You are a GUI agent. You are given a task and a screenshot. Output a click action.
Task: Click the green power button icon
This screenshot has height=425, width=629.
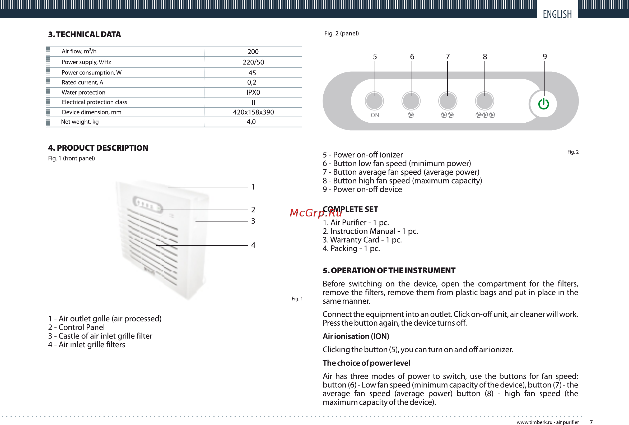point(543,104)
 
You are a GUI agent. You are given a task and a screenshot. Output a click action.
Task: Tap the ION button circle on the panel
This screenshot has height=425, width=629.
point(374,101)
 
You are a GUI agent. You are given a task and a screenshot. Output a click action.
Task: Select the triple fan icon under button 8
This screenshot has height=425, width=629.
point(485,115)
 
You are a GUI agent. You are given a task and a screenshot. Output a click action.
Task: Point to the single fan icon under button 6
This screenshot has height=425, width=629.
point(411,115)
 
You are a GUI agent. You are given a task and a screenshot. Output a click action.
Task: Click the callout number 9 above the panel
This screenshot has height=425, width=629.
point(544,57)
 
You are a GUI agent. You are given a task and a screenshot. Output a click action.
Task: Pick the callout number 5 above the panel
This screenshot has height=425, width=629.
point(375,57)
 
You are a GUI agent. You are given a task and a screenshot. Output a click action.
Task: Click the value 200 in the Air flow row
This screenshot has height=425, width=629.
point(253,52)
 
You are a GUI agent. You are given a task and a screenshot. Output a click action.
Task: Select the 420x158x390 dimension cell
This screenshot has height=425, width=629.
point(253,112)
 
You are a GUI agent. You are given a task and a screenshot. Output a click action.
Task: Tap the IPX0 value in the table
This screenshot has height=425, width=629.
point(253,92)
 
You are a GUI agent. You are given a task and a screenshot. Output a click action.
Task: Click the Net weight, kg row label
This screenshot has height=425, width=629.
point(80,122)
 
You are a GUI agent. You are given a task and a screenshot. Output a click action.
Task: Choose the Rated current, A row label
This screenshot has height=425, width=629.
point(82,82)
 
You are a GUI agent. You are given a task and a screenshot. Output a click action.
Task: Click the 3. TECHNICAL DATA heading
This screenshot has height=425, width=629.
point(85,34)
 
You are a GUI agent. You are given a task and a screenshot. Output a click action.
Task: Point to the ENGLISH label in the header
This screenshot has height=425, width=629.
point(557,14)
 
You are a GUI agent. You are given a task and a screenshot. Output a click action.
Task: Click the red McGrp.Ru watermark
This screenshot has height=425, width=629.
point(316,213)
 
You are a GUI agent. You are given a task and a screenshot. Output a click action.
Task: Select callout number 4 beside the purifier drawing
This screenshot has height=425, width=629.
point(253,245)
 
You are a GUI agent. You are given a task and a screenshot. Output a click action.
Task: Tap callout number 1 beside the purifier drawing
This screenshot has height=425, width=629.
point(253,187)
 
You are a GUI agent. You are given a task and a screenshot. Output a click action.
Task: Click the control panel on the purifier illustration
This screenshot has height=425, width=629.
point(147,205)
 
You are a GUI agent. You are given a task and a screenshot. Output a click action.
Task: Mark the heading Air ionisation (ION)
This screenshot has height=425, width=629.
point(356,336)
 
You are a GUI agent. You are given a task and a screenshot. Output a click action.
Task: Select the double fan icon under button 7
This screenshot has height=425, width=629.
point(447,115)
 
